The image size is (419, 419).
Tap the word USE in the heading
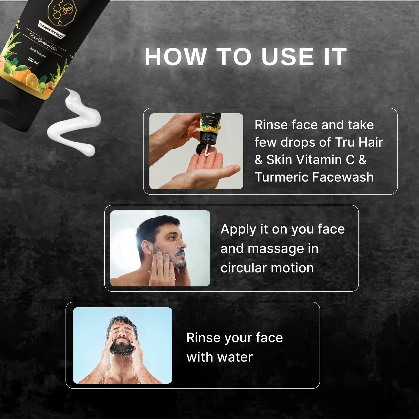(287, 57)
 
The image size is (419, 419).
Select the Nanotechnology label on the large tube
(51, 30)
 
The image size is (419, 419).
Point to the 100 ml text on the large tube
(33, 61)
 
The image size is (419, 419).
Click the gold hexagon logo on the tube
(62, 12)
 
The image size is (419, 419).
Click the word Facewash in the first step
(343, 177)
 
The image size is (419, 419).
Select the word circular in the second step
(243, 268)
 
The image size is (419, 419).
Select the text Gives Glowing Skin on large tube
(43, 42)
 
